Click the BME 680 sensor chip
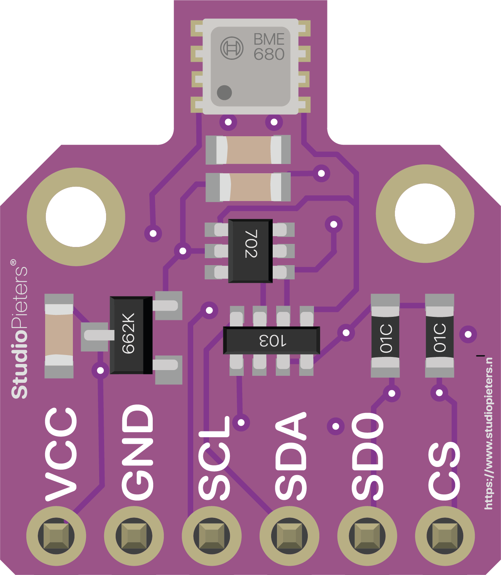click(x=251, y=66)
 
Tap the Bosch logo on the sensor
click(x=232, y=48)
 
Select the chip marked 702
click(x=250, y=251)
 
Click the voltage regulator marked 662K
click(x=131, y=335)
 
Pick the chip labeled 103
click(x=272, y=340)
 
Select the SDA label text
click(x=291, y=456)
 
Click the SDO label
click(x=368, y=456)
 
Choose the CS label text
click(x=444, y=471)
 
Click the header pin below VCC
click(x=56, y=536)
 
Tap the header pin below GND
click(x=134, y=536)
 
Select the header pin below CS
click(x=445, y=536)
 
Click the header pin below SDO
click(x=367, y=536)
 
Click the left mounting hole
click(x=76, y=216)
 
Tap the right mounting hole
click(x=425, y=213)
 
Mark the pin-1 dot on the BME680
click(x=224, y=93)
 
